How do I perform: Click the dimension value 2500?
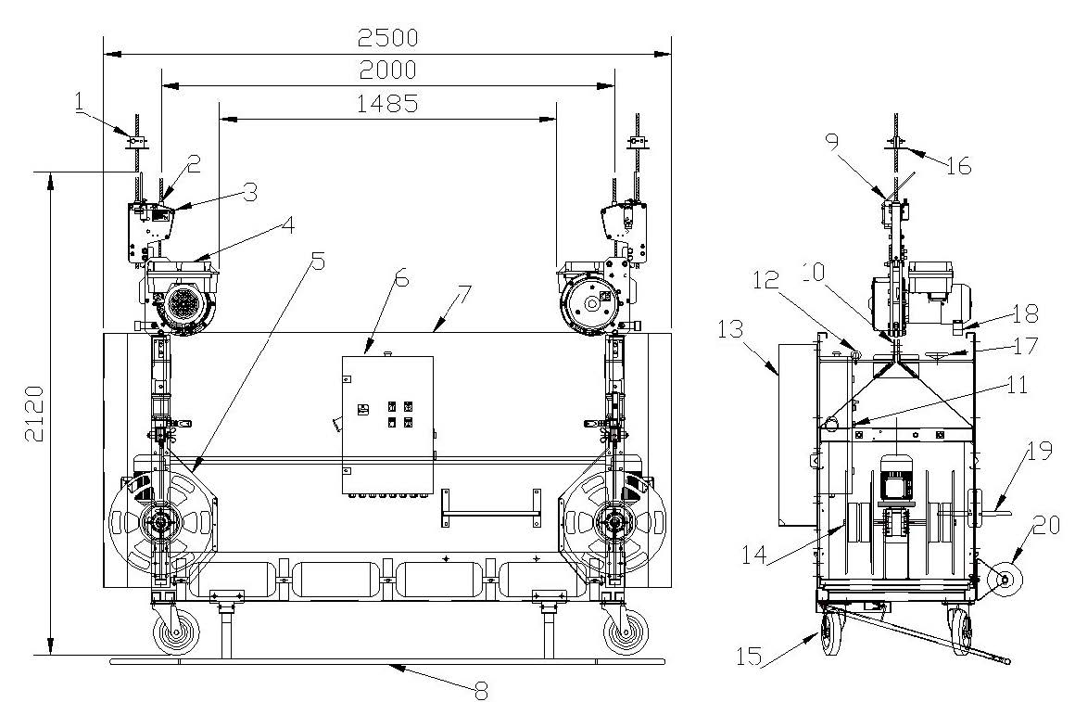(387, 37)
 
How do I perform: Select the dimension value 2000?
(387, 70)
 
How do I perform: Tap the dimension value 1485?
(387, 103)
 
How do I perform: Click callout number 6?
(402, 278)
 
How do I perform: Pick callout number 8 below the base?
(481, 690)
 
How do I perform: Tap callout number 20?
(1045, 526)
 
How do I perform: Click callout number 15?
(750, 656)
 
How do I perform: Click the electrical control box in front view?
(387, 425)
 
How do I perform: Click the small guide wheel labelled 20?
(1005, 580)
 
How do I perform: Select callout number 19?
(1040, 451)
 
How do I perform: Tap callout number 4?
(288, 225)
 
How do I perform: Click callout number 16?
(958, 166)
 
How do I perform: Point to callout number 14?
(754, 553)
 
